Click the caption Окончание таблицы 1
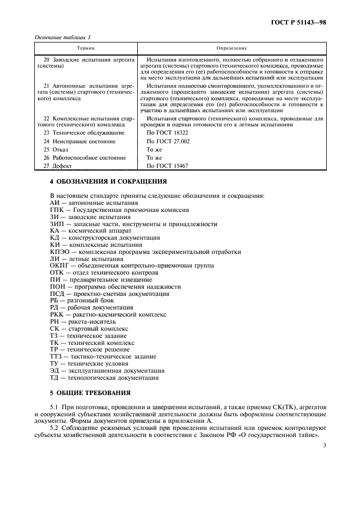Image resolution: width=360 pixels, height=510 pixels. (x=63, y=37)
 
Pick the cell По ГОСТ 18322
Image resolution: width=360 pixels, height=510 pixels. (x=168, y=133)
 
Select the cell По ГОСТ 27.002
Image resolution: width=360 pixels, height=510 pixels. (x=168, y=141)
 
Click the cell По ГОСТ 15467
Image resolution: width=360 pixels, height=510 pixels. (x=168, y=166)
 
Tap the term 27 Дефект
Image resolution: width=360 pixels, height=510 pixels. (x=58, y=166)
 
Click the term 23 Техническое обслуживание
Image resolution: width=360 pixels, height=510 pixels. (x=79, y=133)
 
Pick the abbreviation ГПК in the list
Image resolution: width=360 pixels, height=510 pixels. (x=57, y=210)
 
